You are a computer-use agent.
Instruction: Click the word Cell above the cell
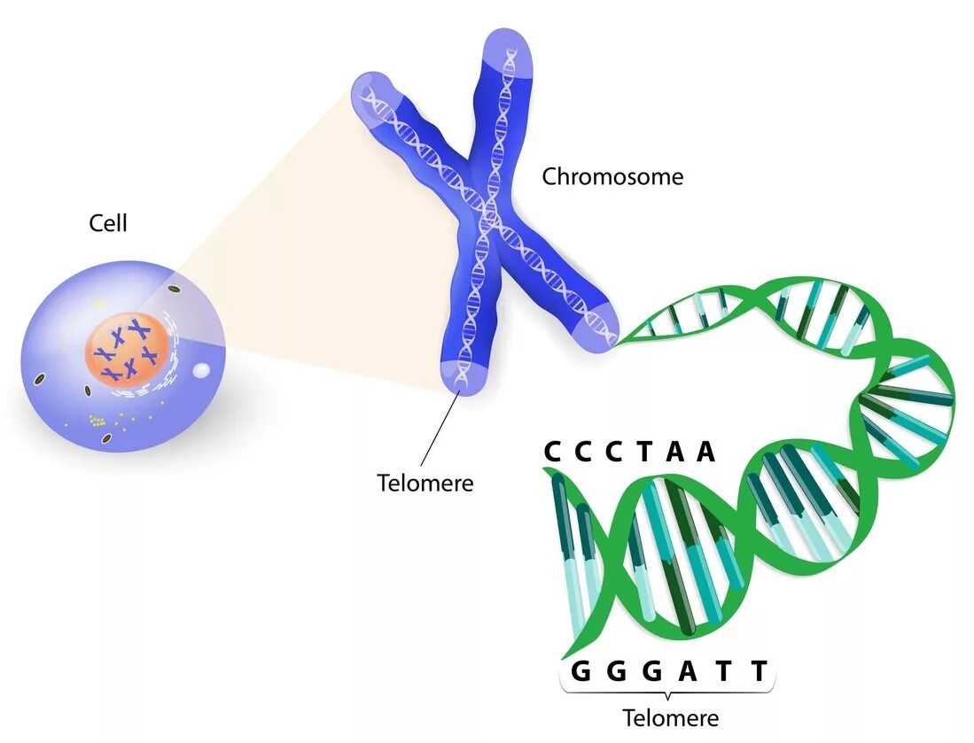tap(108, 223)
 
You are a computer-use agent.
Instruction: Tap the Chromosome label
tap(612, 176)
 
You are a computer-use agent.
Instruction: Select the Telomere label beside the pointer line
tap(425, 483)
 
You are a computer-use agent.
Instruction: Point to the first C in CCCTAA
tap(554, 452)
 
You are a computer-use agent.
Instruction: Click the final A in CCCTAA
tap(705, 452)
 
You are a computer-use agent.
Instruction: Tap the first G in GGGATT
tap(581, 671)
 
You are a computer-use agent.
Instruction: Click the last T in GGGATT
tap(759, 671)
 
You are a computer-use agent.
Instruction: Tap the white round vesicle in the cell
tap(202, 372)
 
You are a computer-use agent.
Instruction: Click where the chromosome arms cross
tap(486, 217)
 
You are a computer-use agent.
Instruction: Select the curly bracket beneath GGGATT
tap(666, 691)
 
